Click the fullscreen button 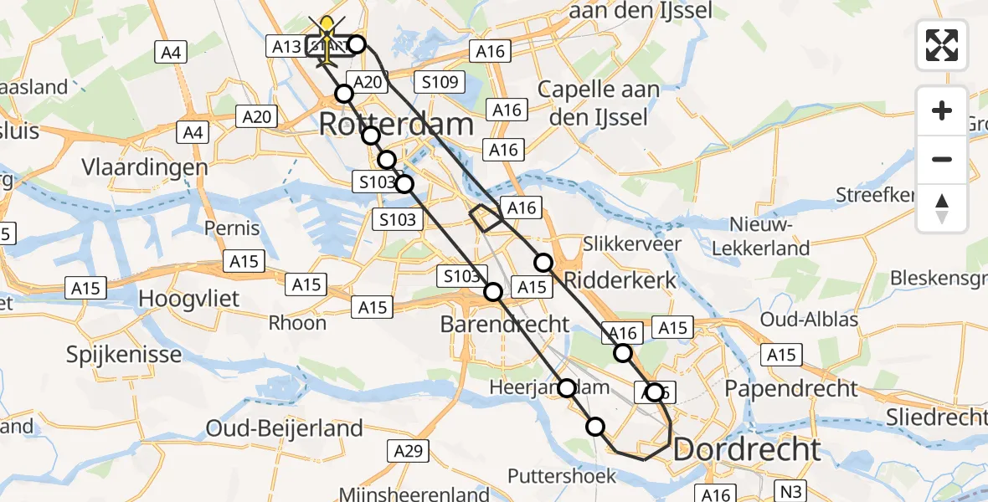pos(942,45)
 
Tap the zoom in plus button pos(942,110)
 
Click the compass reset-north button pos(942,208)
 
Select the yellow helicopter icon pos(326,40)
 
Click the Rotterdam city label pos(396,125)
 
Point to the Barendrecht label pos(505,324)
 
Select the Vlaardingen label pos(145,167)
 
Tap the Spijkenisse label pos(124,354)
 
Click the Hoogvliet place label pos(188,299)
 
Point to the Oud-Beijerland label pos(285,428)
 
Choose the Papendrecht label pos(791,388)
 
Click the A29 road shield pos(409,452)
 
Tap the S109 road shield pos(440,82)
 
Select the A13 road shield pos(286,47)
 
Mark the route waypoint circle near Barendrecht pos(493,292)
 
